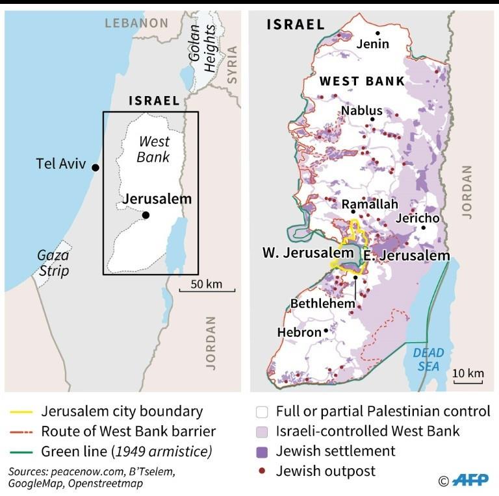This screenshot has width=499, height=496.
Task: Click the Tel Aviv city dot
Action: point(96,167)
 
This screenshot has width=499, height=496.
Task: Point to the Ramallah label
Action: point(369,205)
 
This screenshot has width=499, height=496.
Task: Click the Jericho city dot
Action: point(423,228)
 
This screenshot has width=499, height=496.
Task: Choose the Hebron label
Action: point(299,332)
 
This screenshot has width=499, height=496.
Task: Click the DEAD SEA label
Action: point(429,359)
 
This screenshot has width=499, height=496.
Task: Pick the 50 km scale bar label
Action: point(207,284)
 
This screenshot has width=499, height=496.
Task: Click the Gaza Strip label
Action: point(53,264)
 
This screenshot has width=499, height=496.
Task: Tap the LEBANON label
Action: point(137,23)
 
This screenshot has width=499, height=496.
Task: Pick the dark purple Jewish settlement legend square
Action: point(262,451)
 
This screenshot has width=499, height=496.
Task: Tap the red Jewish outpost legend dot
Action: point(262,471)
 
